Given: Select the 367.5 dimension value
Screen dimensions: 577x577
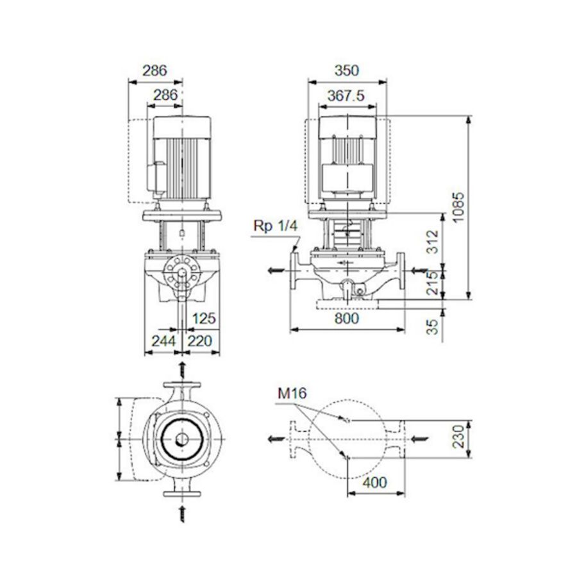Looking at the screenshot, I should [346, 96].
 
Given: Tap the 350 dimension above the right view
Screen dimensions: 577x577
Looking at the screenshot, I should [347, 70].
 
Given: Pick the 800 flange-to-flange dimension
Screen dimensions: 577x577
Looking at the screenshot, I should [347, 318].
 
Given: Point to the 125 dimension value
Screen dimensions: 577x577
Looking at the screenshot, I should [204, 318].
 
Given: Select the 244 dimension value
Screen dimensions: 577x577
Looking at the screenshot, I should [162, 340].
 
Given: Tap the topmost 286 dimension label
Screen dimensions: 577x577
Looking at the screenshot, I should [154, 70].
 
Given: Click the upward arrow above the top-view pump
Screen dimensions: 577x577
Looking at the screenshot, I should [182, 370].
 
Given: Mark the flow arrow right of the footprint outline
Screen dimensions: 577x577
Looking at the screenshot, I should [417, 439].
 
